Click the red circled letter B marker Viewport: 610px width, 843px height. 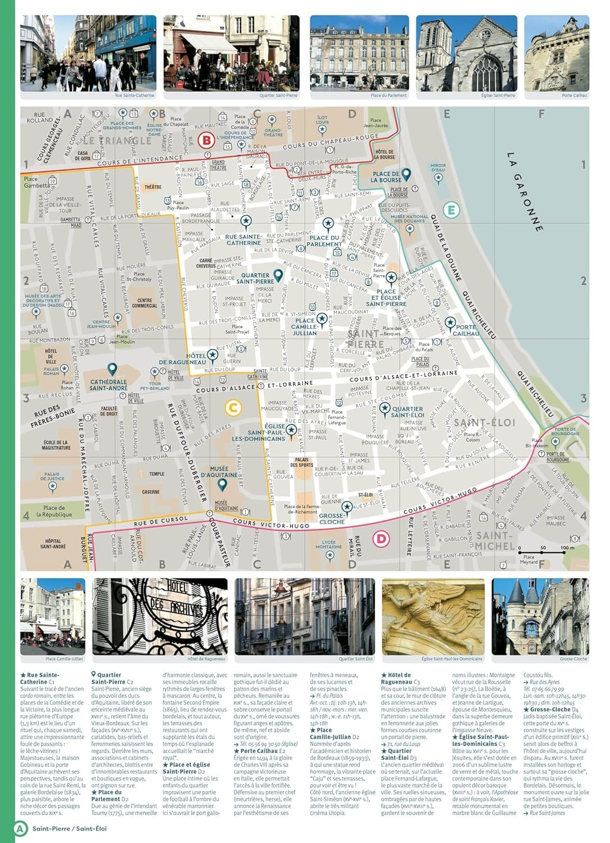coord(207,140)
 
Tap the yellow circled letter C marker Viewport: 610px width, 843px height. coord(233,408)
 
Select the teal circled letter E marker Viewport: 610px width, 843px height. coord(451,210)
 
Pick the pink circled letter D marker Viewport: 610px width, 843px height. coord(381,539)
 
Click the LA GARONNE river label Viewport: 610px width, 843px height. coord(525,192)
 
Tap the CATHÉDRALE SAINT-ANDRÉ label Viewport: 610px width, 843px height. coord(109,385)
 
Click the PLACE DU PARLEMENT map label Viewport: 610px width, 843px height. coord(324,241)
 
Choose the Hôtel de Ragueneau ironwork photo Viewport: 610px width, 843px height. coord(160,616)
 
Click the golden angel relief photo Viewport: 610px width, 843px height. coord(433,616)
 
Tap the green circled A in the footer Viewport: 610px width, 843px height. coord(21,828)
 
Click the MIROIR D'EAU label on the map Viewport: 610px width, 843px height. coord(438,167)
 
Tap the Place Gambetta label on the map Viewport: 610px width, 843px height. coord(36,182)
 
